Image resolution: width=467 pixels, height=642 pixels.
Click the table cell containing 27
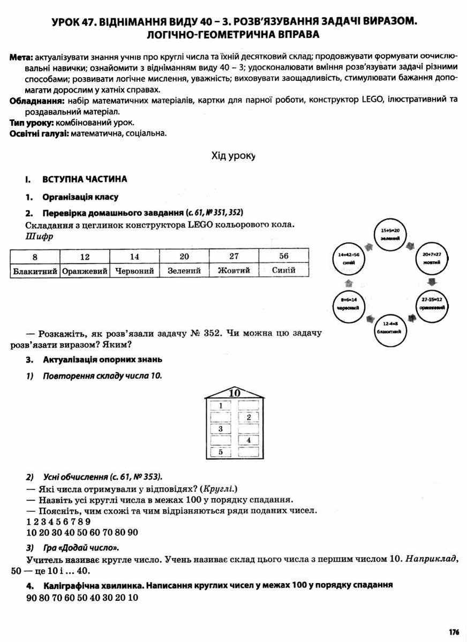pyautogui.click(x=234, y=256)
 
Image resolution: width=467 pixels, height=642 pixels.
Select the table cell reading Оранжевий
pyautogui.click(x=85, y=270)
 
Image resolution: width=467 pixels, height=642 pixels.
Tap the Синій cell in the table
pyautogui.click(x=283, y=270)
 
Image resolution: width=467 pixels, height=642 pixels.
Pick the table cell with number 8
pyautogui.click(x=35, y=256)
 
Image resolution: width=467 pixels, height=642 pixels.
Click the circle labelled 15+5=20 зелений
pyautogui.click(x=390, y=235)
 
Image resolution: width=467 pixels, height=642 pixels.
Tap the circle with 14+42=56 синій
pyautogui.click(x=349, y=259)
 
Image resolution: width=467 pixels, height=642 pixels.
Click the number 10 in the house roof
pyautogui.click(x=234, y=394)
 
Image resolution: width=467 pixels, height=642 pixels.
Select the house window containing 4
pyautogui.click(x=248, y=440)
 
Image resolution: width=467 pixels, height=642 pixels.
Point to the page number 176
pyautogui.click(x=454, y=632)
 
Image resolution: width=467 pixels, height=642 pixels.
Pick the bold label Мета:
pyautogui.click(x=22, y=57)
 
